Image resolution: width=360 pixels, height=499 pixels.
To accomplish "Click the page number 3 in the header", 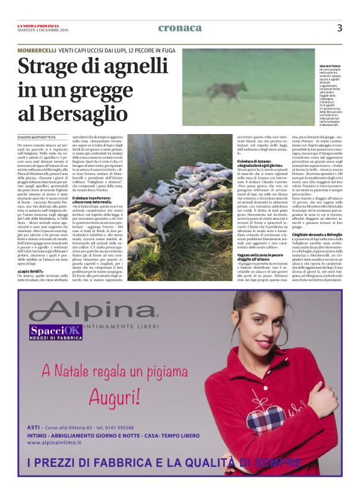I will [340, 27].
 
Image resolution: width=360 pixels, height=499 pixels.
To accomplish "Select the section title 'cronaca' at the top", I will [180, 27].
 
